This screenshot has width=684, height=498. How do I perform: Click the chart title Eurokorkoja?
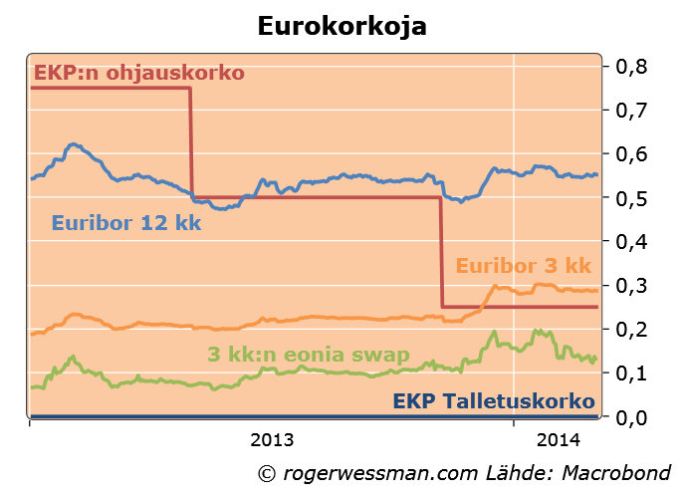342,26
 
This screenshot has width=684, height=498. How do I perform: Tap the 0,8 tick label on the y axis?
632,67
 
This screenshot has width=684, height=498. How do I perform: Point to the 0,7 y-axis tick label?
632,111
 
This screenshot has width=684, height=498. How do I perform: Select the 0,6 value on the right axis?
632,154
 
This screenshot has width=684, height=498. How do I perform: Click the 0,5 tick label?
632,198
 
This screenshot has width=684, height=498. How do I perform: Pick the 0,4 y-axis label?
632,241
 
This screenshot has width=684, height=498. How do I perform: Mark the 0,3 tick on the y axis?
632,285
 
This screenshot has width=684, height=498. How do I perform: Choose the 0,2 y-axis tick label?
632,329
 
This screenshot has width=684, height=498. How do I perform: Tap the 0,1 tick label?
632,373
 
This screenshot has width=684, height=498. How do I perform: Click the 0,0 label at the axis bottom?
632,416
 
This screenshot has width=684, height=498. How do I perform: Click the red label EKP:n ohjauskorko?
139,73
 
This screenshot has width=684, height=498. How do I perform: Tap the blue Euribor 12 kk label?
126,223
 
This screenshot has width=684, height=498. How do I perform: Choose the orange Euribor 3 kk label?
524,266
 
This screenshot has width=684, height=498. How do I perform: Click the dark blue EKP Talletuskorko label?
494,401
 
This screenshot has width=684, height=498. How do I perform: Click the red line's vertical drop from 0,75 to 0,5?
191,142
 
